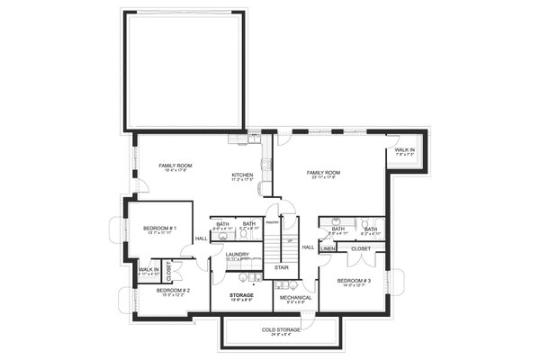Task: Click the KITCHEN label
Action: (x=242, y=175)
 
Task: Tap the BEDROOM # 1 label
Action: (x=159, y=229)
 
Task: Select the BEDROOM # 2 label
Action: (x=172, y=291)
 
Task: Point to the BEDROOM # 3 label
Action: (x=354, y=281)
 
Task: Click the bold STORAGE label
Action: (x=240, y=294)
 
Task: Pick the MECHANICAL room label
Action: (x=294, y=297)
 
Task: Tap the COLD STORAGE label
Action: (x=281, y=329)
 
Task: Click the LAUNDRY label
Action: (x=238, y=255)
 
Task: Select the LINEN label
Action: (x=328, y=248)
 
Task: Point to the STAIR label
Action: (x=282, y=267)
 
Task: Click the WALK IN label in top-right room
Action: (x=405, y=150)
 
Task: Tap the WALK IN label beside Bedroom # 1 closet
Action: (x=148, y=269)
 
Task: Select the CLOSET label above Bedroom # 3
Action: (x=361, y=248)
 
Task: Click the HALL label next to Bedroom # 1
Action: (x=200, y=238)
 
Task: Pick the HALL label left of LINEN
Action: (x=308, y=246)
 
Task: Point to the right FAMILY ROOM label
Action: (x=322, y=172)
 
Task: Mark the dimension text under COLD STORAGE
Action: (x=281, y=335)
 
